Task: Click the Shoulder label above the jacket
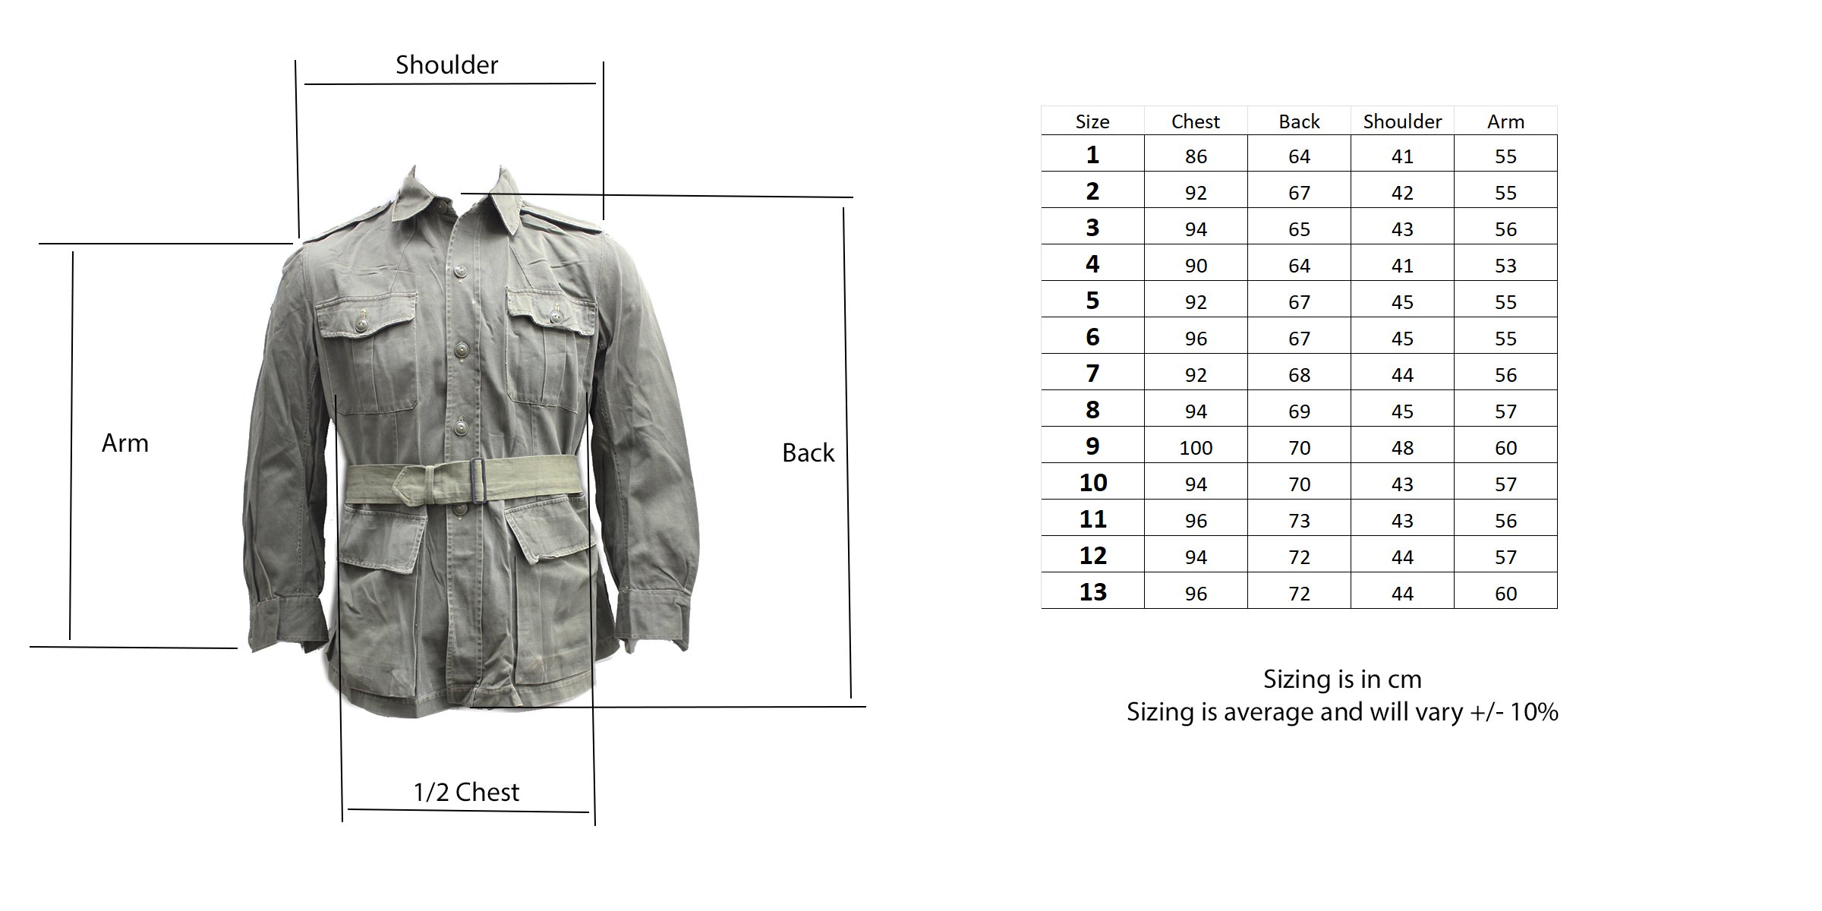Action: [446, 65]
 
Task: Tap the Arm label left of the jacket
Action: [125, 443]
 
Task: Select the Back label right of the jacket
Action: [808, 453]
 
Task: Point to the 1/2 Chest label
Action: [466, 792]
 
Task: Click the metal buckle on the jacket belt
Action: [477, 480]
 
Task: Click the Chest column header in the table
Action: [1196, 121]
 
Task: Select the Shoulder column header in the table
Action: [1402, 121]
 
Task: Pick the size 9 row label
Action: [1092, 446]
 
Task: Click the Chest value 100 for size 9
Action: [1196, 448]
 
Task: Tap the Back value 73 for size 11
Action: [1299, 521]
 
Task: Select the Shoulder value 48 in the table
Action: [1402, 448]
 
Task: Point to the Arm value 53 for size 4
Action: [1505, 266]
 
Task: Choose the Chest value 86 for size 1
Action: [1196, 156]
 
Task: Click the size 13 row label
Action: [1092, 592]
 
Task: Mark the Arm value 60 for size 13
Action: [1505, 594]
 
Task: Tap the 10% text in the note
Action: [1534, 712]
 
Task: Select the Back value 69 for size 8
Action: [1299, 411]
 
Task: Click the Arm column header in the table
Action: [1505, 121]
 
